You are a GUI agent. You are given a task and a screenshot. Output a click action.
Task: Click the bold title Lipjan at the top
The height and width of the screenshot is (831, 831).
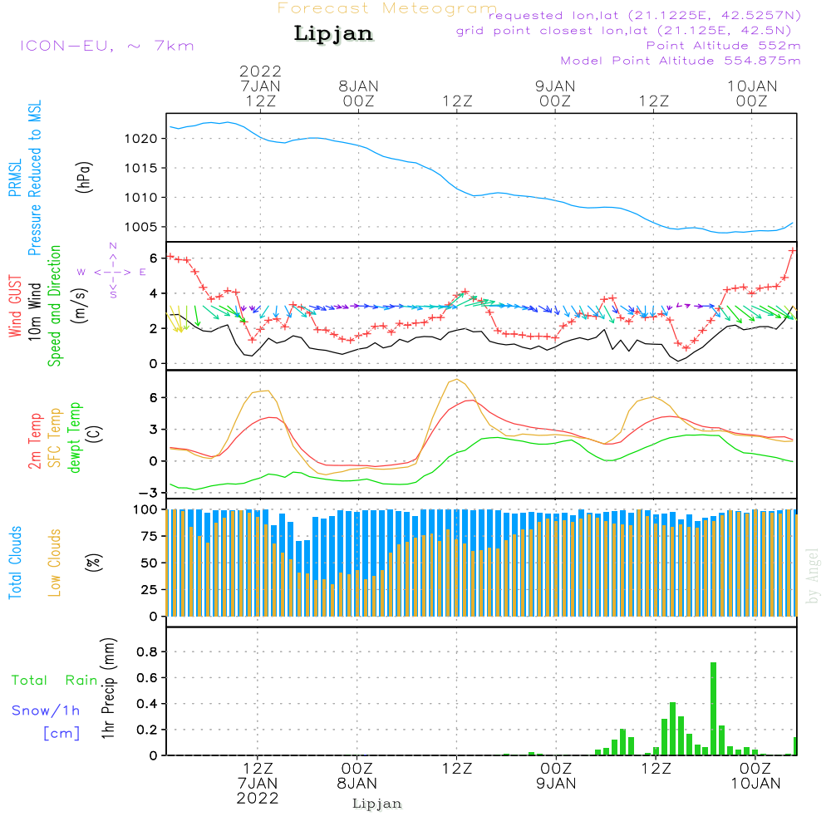click(333, 34)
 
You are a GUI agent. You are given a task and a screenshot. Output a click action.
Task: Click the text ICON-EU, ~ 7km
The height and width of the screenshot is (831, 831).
click(106, 46)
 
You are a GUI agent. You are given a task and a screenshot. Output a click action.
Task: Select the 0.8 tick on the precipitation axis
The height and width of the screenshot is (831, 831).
click(148, 652)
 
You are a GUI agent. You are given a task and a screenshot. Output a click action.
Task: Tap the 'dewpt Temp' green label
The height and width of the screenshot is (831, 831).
click(75, 437)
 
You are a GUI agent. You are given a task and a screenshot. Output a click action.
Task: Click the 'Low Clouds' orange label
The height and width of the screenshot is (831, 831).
click(55, 562)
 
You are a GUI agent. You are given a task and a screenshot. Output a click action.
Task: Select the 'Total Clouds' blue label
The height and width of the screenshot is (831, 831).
click(16, 562)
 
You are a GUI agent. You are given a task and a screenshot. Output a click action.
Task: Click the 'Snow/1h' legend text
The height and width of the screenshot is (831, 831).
click(46, 711)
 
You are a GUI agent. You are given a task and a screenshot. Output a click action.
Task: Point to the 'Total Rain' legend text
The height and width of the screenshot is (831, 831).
click(55, 681)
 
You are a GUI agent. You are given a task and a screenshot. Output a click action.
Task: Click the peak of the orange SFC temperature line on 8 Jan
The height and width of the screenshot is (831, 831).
click(456, 380)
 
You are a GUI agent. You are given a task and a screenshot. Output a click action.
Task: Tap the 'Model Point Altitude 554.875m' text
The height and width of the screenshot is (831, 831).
click(680, 61)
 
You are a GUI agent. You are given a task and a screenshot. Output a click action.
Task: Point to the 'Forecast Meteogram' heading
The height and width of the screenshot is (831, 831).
click(386, 9)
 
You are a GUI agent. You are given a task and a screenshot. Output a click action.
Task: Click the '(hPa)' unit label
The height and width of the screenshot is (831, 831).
click(84, 176)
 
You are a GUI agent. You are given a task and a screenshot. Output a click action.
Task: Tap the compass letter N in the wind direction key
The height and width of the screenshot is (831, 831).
click(113, 246)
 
